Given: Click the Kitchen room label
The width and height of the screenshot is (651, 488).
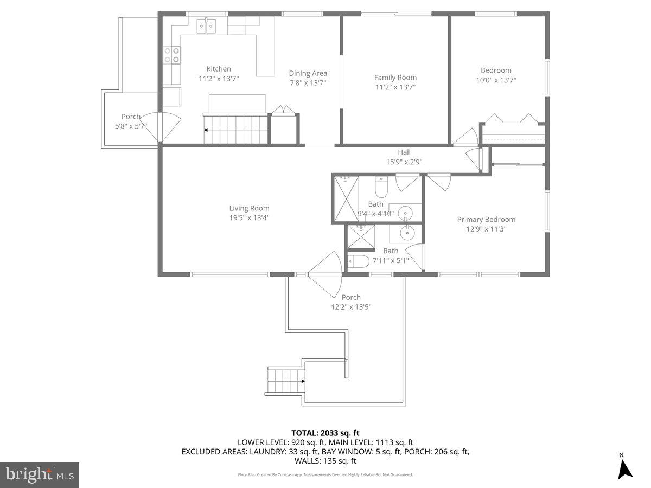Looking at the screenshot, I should (x=219, y=69).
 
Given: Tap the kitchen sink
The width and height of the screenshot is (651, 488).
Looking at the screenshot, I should (x=206, y=24).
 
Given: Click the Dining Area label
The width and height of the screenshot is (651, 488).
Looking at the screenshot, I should (x=308, y=73).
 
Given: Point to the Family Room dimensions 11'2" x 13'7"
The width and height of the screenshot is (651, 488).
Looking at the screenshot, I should (x=395, y=87).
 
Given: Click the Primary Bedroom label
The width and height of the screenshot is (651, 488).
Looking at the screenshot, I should (x=486, y=219).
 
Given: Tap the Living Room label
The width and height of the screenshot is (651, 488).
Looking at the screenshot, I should (x=249, y=208).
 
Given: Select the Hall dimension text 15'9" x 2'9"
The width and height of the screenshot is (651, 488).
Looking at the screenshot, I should (x=404, y=162).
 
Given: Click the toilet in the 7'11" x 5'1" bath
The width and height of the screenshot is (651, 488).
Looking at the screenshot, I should (x=359, y=261).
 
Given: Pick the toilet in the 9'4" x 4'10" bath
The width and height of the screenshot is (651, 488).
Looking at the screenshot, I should (x=381, y=187).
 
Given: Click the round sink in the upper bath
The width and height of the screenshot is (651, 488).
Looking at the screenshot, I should (x=405, y=214).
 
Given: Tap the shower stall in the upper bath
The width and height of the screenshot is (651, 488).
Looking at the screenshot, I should (x=345, y=199).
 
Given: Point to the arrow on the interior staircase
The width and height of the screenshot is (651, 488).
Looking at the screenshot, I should (x=207, y=130).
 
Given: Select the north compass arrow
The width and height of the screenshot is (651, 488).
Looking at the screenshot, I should (x=625, y=468).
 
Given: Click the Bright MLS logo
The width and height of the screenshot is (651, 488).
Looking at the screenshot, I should (x=39, y=474).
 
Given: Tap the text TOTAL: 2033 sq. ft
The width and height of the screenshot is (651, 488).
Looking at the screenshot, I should (x=325, y=433).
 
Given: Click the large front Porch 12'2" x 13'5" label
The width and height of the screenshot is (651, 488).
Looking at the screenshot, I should (x=351, y=302).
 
